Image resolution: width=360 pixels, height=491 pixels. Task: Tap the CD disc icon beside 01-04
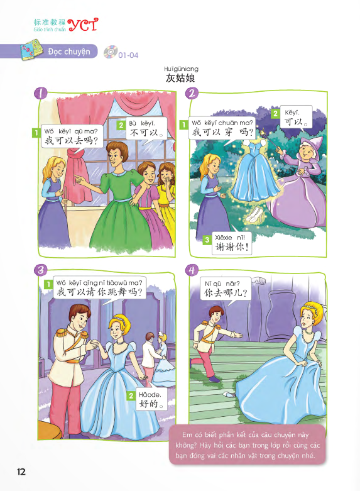110,53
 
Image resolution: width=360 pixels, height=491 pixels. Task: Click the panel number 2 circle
193,93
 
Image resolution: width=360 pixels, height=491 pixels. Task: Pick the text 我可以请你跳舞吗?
100,292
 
